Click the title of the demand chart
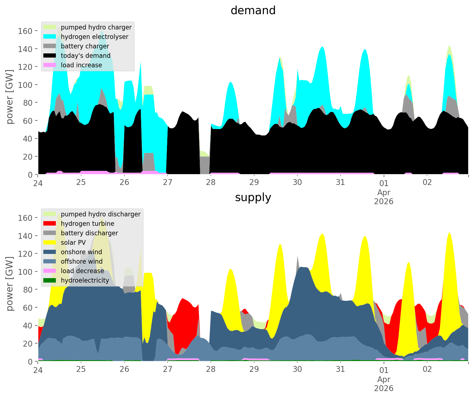[253, 11]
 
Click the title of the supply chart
[253, 197]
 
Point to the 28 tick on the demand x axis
[211, 182]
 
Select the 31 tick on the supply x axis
[340, 369]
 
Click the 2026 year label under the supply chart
[384, 388]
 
